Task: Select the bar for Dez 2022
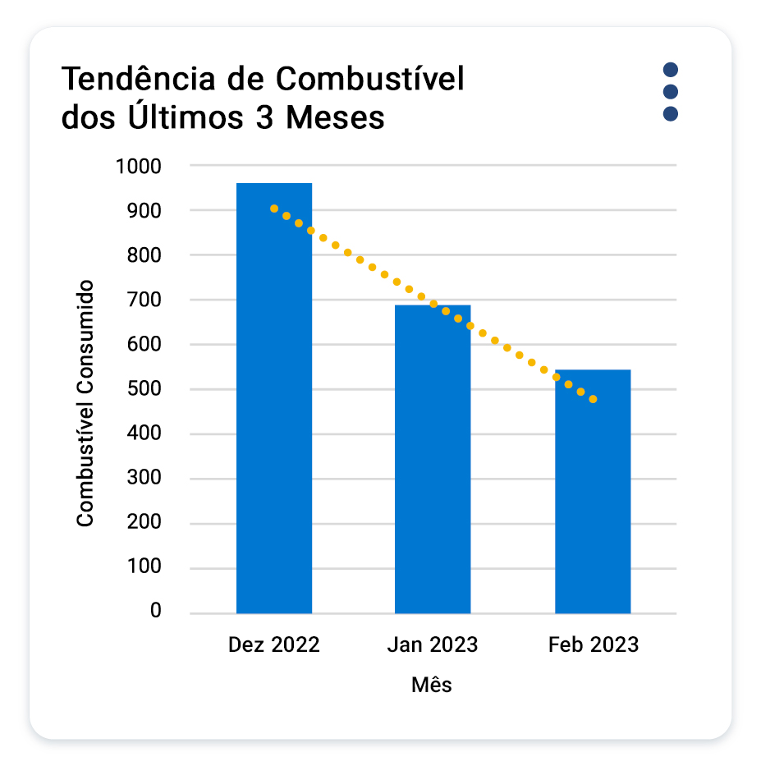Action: pos(274,398)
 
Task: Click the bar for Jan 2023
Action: pos(433,460)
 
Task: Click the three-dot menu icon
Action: pos(670,91)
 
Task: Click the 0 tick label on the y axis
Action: pos(156,612)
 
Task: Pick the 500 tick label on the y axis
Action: pos(144,389)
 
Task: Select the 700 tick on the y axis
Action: pos(144,300)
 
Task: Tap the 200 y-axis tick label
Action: pos(144,523)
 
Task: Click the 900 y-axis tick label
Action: pos(144,211)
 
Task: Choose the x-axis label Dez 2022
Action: pos(273,645)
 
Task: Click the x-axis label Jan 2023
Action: pos(432,645)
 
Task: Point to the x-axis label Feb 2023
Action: pos(593,645)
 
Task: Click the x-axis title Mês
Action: pos(432,685)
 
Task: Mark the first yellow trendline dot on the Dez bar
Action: pos(274,209)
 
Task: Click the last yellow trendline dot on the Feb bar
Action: pos(593,400)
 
